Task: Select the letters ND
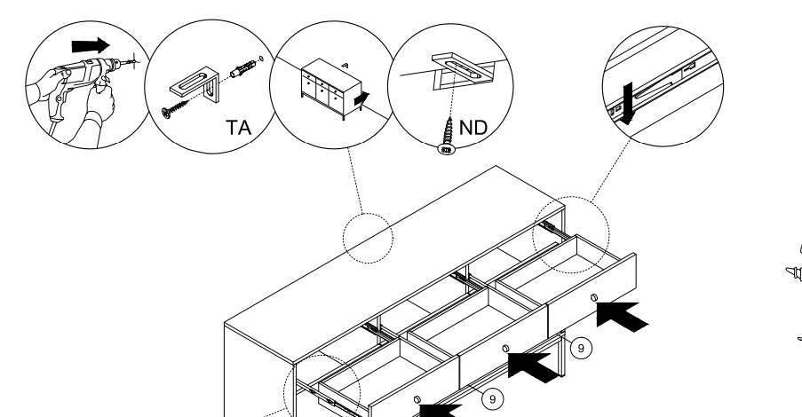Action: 473,126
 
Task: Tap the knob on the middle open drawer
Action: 505,349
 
